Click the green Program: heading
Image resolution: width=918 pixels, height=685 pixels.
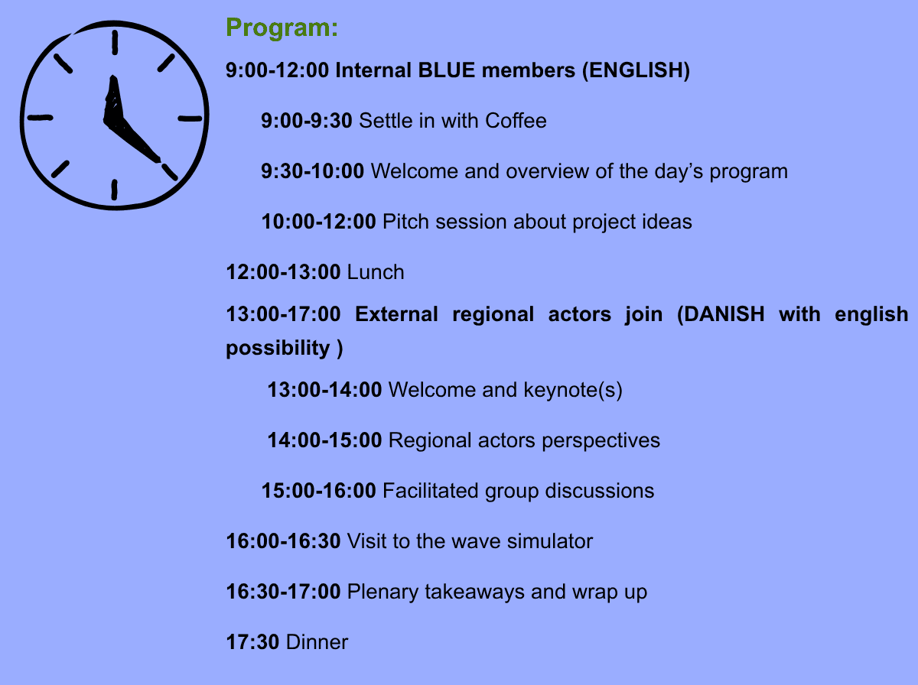282,28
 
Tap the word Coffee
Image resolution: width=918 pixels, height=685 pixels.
516,120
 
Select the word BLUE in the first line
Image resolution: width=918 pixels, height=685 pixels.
446,70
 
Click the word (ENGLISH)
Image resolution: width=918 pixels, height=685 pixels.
636,70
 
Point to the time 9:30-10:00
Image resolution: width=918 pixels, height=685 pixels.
312,171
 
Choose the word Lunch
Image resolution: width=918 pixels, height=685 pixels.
376,272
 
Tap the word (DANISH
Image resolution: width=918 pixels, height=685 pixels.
721,314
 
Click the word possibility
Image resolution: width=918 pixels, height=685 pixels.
278,348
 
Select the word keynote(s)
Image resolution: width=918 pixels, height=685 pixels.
573,390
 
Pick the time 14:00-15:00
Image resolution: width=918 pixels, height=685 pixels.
324,440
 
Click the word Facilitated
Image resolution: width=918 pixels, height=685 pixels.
431,491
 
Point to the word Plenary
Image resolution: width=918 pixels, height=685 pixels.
382,592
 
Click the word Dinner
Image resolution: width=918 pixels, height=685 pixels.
317,642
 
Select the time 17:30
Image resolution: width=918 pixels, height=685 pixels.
252,642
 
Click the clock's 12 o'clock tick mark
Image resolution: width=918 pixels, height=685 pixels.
115,42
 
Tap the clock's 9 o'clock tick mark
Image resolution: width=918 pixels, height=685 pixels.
40,118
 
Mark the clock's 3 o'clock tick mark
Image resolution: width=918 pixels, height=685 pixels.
190,118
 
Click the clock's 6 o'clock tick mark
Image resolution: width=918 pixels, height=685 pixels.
114,190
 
